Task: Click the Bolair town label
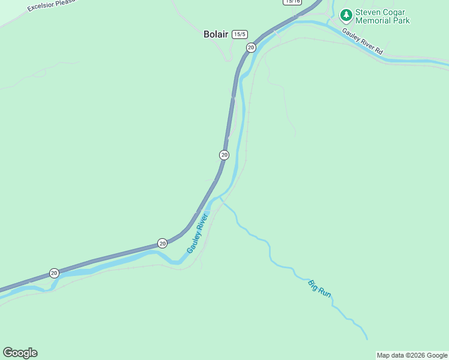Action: [215, 34]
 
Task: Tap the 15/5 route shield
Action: [240, 34]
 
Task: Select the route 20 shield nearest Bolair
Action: [251, 47]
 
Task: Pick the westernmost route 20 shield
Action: [54, 273]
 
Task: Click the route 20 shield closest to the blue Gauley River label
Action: [162, 243]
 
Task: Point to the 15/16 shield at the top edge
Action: [292, 2]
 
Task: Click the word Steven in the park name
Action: [367, 12]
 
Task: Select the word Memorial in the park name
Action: [373, 20]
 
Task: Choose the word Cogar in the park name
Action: [395, 12]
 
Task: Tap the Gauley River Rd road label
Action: [363, 41]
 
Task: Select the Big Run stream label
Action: [319, 289]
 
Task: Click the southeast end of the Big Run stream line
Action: [366, 338]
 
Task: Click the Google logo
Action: [20, 353]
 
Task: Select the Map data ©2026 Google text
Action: [412, 355]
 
